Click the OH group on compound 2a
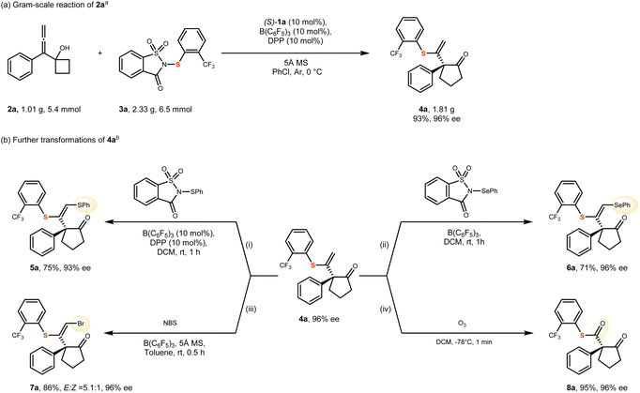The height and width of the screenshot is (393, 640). pos(65,48)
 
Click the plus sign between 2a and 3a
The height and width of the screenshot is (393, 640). pos(100,53)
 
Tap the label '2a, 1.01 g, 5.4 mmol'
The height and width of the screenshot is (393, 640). pos(44,110)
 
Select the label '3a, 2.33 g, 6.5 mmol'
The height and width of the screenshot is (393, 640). pos(155,110)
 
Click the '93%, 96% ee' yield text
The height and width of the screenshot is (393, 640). pos(436,119)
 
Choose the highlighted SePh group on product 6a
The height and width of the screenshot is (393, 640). pos(622,204)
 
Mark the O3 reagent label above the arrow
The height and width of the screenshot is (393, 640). pos(462,324)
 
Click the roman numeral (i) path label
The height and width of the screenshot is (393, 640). pos(250,245)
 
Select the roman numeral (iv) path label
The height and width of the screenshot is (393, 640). pos(387,310)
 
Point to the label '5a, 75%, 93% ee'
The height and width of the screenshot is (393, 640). pos(60,267)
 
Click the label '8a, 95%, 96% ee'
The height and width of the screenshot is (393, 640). pos(596,387)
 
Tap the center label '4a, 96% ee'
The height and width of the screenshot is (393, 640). pos(319,319)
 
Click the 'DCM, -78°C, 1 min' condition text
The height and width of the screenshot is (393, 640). pos(463,342)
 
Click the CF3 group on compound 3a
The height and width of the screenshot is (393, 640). pos(208,65)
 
